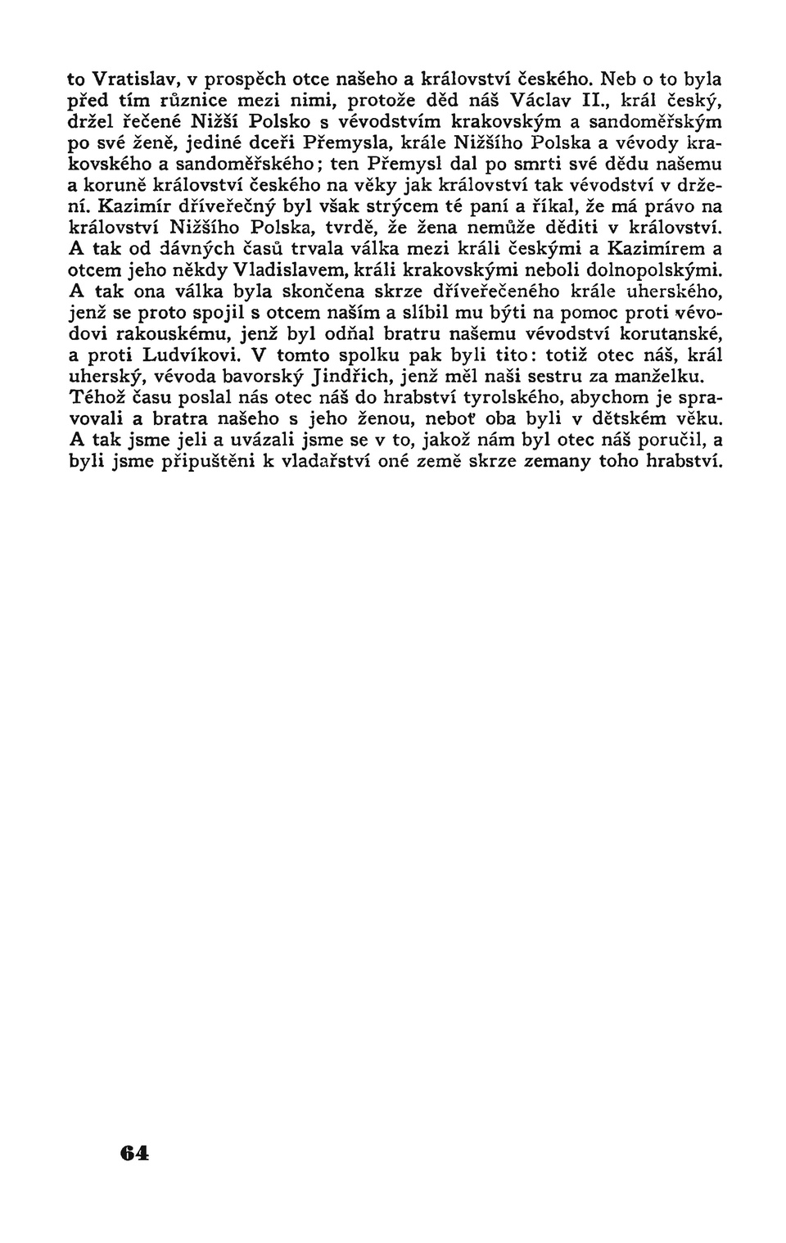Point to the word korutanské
(669, 335)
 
